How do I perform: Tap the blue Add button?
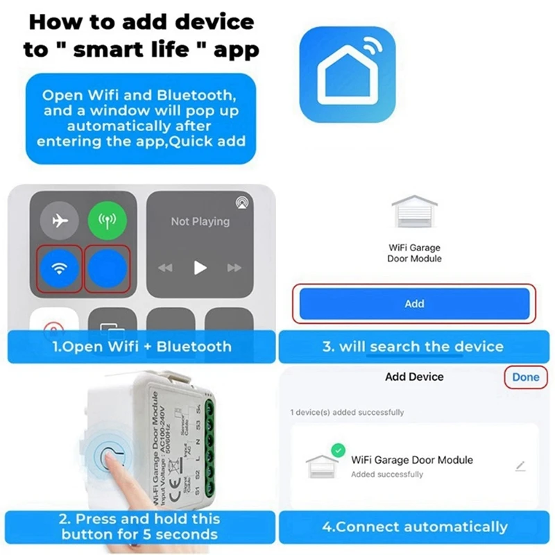coord(414,304)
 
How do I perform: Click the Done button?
coord(525,377)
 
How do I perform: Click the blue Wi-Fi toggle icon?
coord(60,268)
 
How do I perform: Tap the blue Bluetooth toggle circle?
coord(108,268)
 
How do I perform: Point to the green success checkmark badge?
coord(337,451)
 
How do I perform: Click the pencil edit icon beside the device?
coord(520,466)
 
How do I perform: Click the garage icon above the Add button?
coord(414,212)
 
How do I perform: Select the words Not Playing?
coord(200,221)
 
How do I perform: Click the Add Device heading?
coord(414,377)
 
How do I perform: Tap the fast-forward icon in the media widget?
coord(235,268)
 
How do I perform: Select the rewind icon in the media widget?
coord(165,268)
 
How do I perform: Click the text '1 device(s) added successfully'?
coord(347,412)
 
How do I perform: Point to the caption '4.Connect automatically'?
coord(414,527)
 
